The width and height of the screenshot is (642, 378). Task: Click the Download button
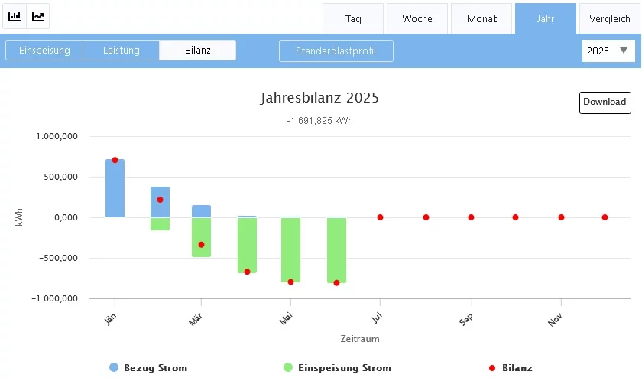pos(605,102)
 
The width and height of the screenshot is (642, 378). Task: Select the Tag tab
pos(353,18)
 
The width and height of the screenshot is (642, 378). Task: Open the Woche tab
pos(417,18)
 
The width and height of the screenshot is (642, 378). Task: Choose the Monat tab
pos(481,18)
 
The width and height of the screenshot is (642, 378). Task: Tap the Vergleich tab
pos(610,18)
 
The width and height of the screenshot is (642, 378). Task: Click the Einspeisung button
pos(44,51)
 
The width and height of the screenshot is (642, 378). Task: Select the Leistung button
pos(122,51)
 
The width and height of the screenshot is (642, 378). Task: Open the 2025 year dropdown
pos(608,51)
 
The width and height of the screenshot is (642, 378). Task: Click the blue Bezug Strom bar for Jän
pos(115,191)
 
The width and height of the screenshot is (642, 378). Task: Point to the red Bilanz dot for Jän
pos(115,160)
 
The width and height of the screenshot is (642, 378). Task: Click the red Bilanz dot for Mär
pos(201,245)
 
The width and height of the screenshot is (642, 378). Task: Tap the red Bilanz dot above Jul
pos(380,217)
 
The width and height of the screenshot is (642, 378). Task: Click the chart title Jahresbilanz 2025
pos(319,98)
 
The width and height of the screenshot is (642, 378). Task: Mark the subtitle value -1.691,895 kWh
pos(319,121)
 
